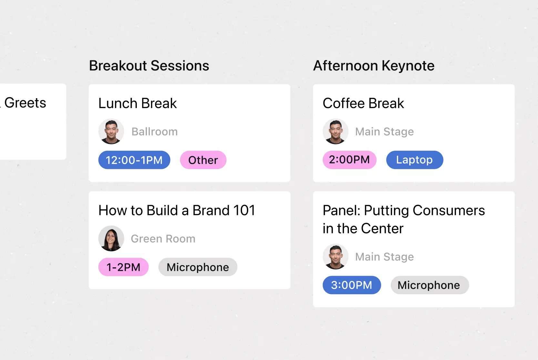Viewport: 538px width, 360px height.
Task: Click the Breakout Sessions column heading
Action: [x=149, y=66]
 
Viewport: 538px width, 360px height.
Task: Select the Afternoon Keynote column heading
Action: [x=374, y=66]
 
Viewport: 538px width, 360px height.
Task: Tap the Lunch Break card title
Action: [x=137, y=103]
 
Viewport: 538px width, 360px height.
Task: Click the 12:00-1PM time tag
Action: [x=134, y=160]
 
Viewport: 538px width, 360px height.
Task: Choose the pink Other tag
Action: [x=203, y=160]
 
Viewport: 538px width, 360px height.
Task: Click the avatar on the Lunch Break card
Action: [x=111, y=131]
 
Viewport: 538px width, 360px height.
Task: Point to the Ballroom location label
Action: [x=155, y=132]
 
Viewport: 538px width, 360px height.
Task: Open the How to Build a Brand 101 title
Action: [x=177, y=210]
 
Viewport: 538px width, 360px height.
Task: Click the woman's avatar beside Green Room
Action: [x=111, y=238]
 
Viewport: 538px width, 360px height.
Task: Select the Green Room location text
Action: [x=163, y=239]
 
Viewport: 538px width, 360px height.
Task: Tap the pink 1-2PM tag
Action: [x=124, y=267]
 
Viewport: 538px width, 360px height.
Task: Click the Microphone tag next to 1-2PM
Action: [x=198, y=267]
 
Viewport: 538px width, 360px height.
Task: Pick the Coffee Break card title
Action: [x=363, y=103]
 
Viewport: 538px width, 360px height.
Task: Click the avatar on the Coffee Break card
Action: [x=336, y=131]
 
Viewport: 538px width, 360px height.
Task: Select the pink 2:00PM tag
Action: [x=350, y=160]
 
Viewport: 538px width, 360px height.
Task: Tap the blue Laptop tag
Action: [x=415, y=160]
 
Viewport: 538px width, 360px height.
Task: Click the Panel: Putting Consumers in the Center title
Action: [x=404, y=219]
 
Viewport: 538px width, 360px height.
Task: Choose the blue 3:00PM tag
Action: [x=352, y=285]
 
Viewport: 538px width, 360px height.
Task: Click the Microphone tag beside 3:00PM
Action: [x=430, y=285]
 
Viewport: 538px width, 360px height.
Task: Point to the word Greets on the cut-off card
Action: [x=25, y=103]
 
